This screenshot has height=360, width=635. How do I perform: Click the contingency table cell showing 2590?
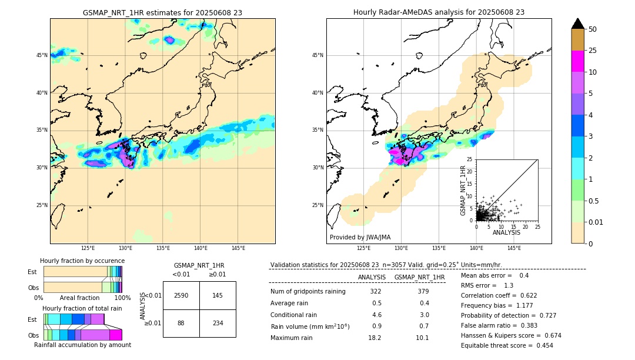[x=181, y=295]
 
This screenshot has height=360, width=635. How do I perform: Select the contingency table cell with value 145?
[x=217, y=295]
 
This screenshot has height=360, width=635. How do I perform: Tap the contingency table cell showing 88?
[x=181, y=323]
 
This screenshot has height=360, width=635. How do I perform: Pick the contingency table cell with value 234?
[x=217, y=323]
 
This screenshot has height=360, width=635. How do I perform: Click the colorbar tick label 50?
[x=593, y=29]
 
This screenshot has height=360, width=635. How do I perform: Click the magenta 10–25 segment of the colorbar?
[x=577, y=61]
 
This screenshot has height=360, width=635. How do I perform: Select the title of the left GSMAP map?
[x=162, y=12]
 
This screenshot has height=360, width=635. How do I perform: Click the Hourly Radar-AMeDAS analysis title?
[x=439, y=12]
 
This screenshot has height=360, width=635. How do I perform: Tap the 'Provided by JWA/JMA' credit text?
[x=360, y=237]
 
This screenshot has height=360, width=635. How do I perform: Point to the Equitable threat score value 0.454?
[x=539, y=345]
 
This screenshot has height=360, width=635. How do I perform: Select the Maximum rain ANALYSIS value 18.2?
[x=375, y=338]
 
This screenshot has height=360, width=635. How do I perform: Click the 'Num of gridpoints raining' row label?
[x=308, y=291]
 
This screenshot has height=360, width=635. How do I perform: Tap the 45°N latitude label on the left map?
[x=42, y=55]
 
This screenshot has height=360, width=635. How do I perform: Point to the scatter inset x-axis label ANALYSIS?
[x=506, y=232]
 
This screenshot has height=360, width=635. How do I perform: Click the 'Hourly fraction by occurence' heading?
[x=82, y=261]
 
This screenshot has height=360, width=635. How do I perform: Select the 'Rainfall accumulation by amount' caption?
[x=82, y=345]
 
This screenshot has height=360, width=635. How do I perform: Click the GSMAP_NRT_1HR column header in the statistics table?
[x=419, y=277]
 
